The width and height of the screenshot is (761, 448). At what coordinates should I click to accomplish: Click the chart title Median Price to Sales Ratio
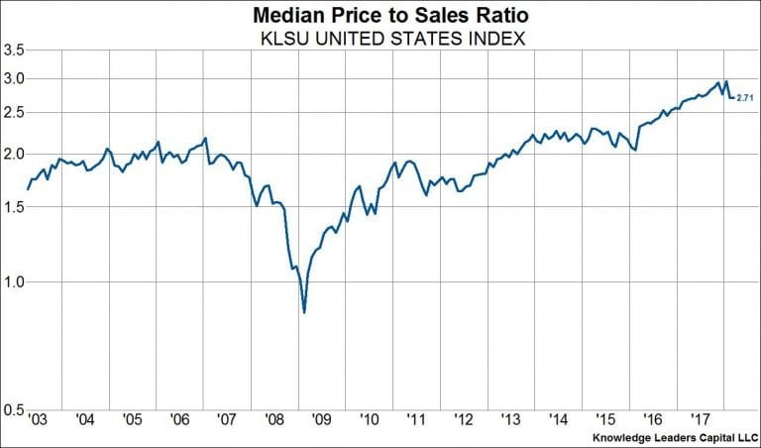pos(381,16)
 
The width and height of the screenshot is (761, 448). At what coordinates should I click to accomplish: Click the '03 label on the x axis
pos(37,420)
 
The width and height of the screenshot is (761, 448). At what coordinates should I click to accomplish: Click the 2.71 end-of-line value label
pos(745,97)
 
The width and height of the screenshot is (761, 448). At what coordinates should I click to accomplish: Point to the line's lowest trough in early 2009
pos(303,312)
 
